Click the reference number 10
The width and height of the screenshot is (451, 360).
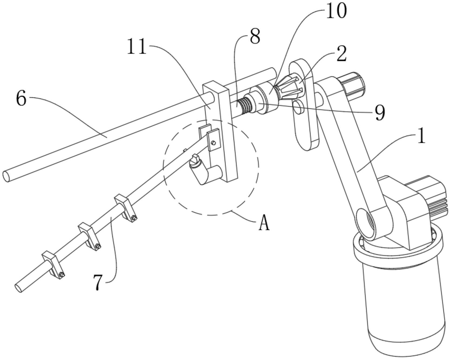tap(336, 11)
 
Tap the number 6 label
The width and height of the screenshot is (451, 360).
tap(21, 99)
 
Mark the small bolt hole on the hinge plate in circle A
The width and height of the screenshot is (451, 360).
tap(214, 142)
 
